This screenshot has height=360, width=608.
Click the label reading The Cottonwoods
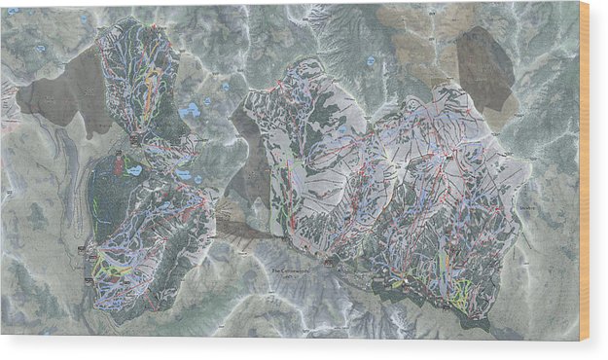[x=292, y=270]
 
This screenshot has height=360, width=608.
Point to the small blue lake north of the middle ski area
[x=371, y=60]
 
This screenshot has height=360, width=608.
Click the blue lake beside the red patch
[x=133, y=170]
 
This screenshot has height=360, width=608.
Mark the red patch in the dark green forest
[x=120, y=166]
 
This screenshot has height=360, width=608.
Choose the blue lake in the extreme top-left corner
[x=40, y=47]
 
